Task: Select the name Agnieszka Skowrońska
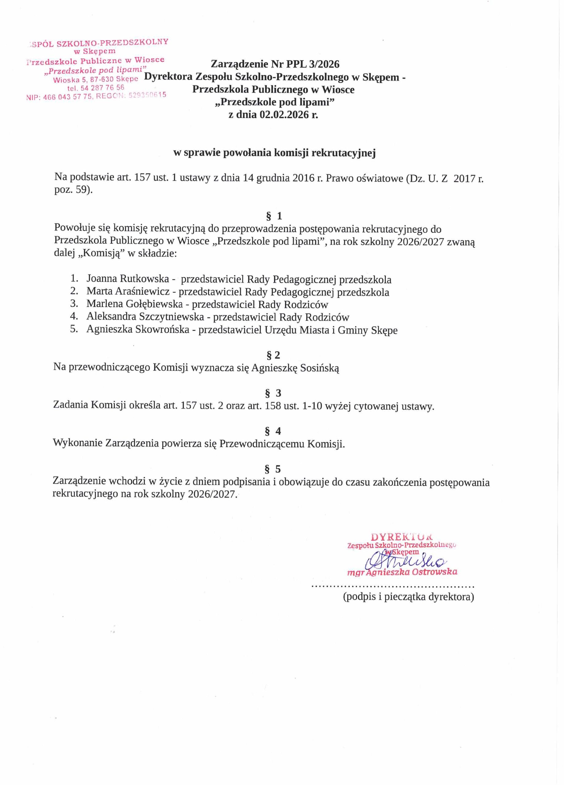click(x=138, y=330)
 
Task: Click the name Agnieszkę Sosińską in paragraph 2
click(x=295, y=368)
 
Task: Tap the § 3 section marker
click(x=273, y=393)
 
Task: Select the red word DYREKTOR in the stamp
click(x=401, y=537)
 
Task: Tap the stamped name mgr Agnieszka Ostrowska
click(x=402, y=572)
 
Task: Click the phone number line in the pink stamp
click(x=96, y=88)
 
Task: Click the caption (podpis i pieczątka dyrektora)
click(x=408, y=597)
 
